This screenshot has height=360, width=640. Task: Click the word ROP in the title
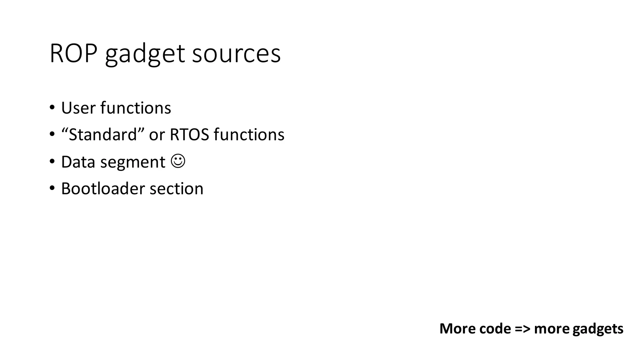[x=73, y=54]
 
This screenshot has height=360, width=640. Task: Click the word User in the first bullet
[x=78, y=108]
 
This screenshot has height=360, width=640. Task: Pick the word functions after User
[x=136, y=108]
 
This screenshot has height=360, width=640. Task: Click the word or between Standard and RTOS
[x=157, y=135]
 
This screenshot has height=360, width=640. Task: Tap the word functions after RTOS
[x=249, y=135]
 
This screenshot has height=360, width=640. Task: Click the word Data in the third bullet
[x=78, y=162]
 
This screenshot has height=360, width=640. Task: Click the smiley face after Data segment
[x=178, y=161]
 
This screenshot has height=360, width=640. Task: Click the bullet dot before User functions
[x=52, y=108]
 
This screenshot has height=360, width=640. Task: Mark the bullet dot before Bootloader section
[x=52, y=188]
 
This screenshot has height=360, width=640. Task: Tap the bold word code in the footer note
[x=495, y=329]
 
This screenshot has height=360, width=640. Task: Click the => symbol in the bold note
[x=522, y=329]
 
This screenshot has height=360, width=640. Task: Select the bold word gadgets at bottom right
[x=598, y=329]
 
